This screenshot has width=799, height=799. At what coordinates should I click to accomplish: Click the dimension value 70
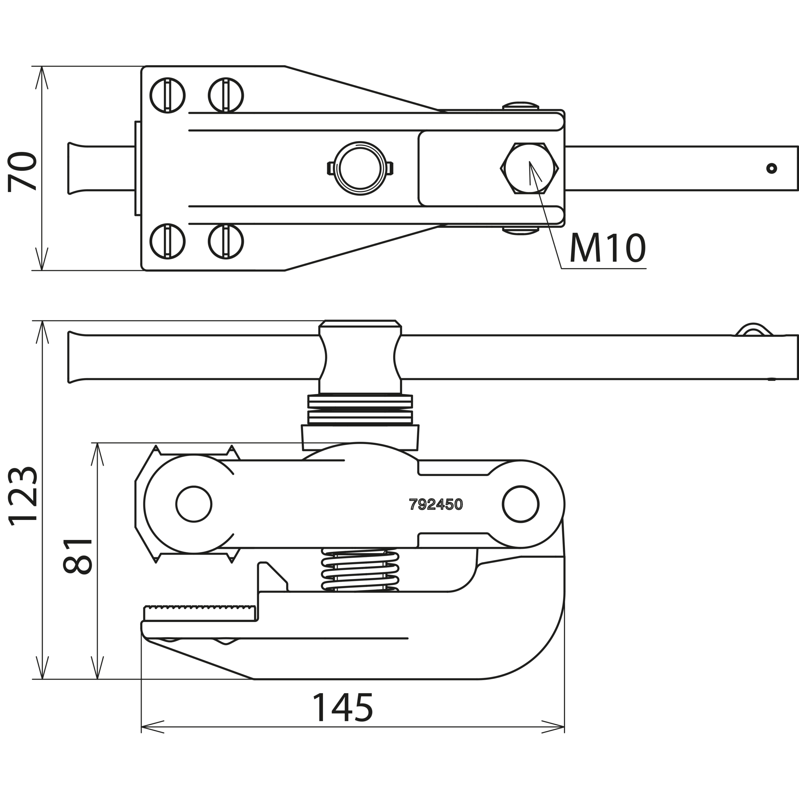pos(23,172)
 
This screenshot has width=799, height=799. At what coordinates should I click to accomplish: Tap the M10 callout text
pos(607,248)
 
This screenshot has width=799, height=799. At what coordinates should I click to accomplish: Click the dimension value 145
pos(343,707)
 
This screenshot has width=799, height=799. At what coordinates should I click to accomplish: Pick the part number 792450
pos(436,504)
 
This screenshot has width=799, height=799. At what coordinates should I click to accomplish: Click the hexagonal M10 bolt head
pos(529,168)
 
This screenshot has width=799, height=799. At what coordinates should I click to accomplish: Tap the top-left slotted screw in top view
pos(168,95)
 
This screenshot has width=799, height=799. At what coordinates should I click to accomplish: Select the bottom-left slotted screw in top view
pos(168,242)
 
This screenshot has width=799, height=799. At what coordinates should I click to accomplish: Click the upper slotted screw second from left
pos(226,95)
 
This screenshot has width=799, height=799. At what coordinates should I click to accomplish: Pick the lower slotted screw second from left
pos(226,242)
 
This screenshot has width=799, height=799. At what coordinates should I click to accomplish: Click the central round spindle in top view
pos(360,168)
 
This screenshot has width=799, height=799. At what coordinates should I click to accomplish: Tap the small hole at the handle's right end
pos(771,168)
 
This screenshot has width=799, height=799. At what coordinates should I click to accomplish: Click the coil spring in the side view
pos(360,571)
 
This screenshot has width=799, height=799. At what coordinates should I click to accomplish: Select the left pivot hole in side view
pos(194,504)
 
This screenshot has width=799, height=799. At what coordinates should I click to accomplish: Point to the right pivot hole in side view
pos(521,504)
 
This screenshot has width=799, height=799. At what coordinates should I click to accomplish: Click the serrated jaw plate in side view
pos(199,613)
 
